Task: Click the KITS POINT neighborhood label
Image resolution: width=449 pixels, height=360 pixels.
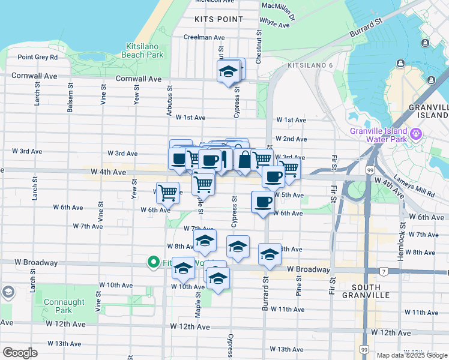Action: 219,19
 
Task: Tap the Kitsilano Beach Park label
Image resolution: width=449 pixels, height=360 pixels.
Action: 145,50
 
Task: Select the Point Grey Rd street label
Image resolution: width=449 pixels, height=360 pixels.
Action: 37,58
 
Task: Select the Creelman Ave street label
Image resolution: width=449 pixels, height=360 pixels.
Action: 204,37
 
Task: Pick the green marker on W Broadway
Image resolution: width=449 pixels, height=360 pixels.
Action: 153,262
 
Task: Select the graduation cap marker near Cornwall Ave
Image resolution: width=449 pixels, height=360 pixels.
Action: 228,71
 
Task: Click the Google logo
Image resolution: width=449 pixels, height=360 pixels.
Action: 20,353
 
